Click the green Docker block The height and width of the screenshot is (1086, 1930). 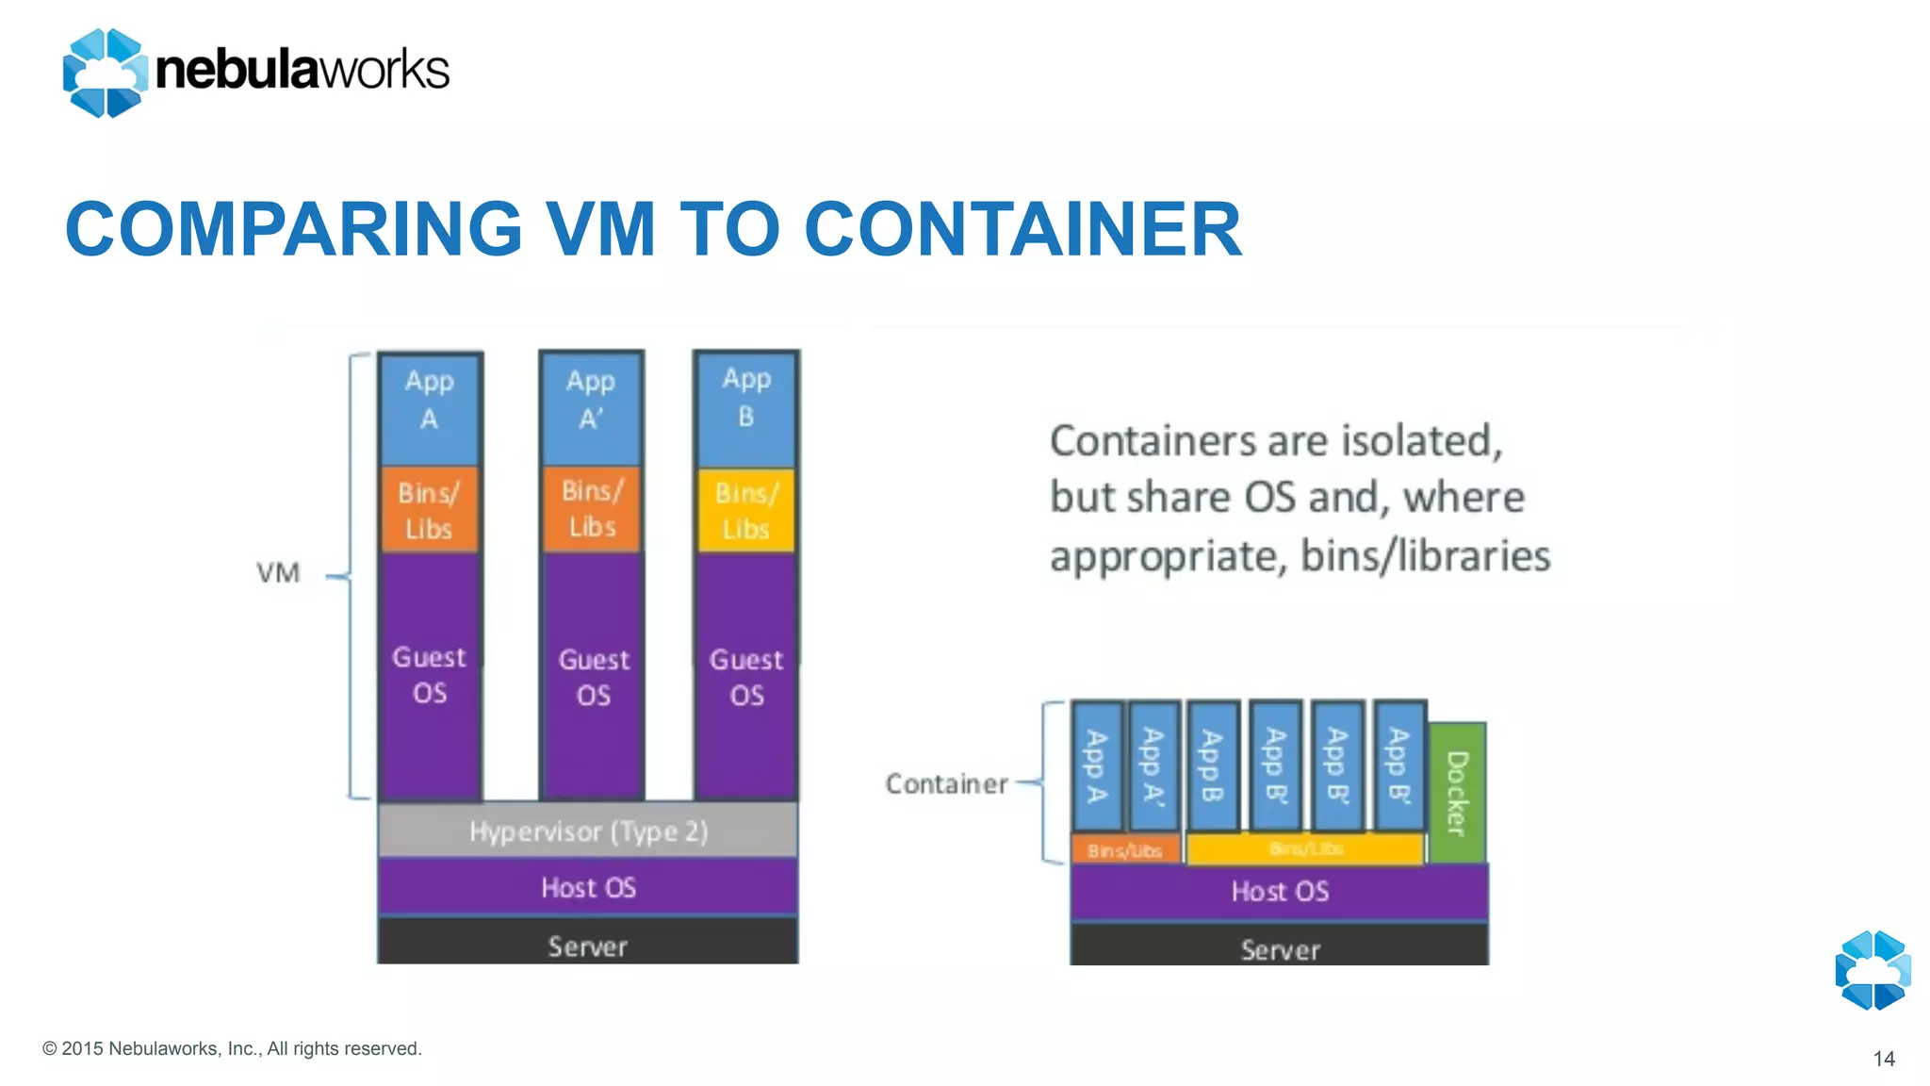click(1457, 792)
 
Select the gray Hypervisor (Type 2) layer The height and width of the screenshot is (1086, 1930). click(588, 831)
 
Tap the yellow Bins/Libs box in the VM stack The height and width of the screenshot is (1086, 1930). click(746, 510)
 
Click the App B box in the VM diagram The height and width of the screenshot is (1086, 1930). click(746, 407)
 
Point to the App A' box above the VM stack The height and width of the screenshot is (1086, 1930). click(592, 407)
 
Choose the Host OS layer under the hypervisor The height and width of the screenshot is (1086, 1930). click(588, 887)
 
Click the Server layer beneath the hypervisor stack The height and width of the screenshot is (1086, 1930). click(588, 943)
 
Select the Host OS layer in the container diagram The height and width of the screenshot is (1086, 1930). click(1279, 891)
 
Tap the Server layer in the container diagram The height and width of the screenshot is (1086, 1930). click(1279, 946)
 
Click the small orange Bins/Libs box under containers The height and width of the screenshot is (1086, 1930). click(1125, 849)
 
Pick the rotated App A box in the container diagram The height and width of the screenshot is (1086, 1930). click(1097, 765)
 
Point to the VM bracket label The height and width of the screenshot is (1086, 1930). click(279, 572)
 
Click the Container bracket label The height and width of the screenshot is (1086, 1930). click(946, 783)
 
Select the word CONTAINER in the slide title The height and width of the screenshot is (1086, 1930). click(1022, 229)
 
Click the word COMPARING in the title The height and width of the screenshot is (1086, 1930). click(293, 229)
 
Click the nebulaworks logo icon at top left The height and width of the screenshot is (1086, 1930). click(105, 73)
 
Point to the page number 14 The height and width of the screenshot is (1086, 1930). click(1883, 1059)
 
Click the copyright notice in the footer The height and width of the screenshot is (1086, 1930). click(232, 1048)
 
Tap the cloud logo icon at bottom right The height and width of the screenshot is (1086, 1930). click(1873, 970)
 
